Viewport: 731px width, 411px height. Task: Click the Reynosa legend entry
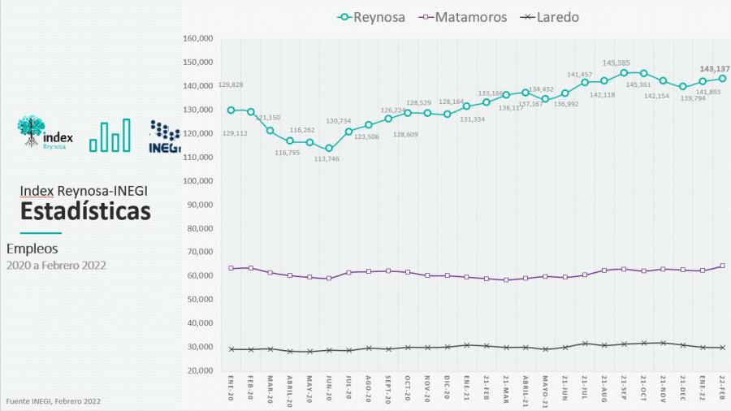[373, 16]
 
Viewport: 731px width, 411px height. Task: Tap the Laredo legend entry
[549, 16]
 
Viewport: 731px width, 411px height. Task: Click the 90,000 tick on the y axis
[198, 205]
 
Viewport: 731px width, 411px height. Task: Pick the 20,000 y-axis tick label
[198, 370]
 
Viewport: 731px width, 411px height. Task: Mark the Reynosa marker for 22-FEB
[722, 78]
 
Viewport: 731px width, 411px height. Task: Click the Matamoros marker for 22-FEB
[722, 266]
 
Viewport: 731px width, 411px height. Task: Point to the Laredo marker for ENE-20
[231, 349]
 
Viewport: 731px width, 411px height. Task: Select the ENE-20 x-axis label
[231, 388]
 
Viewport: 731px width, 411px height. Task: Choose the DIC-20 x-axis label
[448, 388]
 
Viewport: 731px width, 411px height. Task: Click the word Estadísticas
[86, 211]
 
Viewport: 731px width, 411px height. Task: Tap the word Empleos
[32, 249]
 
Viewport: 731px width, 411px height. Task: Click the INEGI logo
[164, 136]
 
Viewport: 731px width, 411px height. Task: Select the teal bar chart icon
[110, 136]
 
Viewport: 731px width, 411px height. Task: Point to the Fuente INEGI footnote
[54, 401]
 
